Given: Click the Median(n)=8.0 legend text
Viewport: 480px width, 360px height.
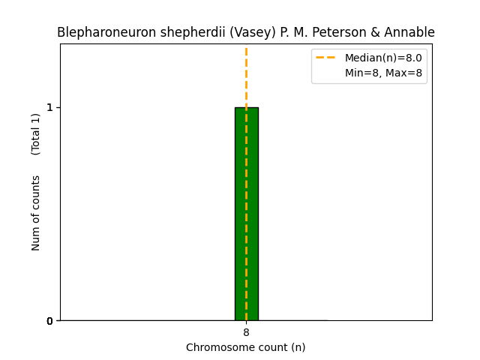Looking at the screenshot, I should [x=383, y=58].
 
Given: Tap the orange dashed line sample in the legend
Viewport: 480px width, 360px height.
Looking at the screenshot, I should [x=326, y=58].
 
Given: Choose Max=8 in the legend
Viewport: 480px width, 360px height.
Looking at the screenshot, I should [x=404, y=73].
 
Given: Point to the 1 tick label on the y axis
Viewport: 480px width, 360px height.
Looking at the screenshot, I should [x=50, y=107].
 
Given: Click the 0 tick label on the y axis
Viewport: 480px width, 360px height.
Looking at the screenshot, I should [x=50, y=321].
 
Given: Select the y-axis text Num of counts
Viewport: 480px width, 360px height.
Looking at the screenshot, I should [x=36, y=213].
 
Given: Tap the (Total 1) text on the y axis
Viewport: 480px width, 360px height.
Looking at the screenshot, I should [x=36, y=134].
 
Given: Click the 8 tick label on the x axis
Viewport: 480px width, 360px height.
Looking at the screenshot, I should [x=246, y=332].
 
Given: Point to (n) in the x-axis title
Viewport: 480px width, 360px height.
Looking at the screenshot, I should [x=298, y=347].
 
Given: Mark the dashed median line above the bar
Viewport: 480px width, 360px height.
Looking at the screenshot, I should [x=246, y=75].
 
